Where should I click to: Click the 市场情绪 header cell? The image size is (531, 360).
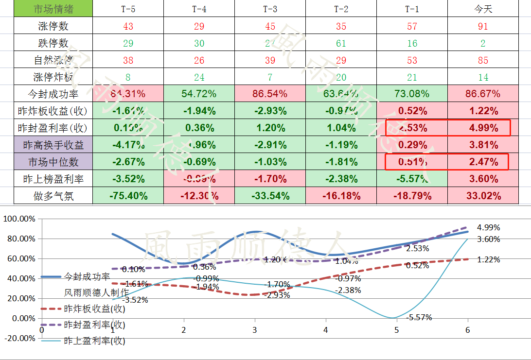53,9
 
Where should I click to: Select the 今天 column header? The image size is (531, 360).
483,9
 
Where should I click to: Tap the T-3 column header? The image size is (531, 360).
270,9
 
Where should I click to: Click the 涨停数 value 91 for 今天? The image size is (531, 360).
483,26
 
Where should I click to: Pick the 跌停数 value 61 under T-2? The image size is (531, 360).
341,43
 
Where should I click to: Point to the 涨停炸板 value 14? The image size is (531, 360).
483,77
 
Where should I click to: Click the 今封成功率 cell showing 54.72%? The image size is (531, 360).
199,94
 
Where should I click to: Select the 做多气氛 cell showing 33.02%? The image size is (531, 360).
483,196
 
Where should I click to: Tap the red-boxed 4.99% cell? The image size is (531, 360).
483,128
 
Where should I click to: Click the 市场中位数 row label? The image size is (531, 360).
53,162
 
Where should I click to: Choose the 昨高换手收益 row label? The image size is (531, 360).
53,145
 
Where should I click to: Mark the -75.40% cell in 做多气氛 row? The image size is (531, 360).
128,196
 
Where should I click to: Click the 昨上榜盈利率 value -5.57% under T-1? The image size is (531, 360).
412,179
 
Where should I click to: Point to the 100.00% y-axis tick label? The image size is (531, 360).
19,219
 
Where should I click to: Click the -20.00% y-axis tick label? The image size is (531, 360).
19,338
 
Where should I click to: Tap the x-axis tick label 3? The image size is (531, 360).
255,330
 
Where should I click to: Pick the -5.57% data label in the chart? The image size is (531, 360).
419,318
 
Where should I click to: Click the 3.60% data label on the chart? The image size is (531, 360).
488,239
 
